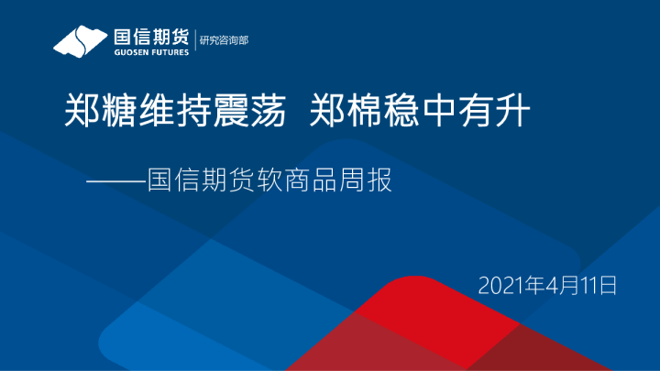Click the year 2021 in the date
pos(498,285)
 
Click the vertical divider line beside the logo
pos(195,41)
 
